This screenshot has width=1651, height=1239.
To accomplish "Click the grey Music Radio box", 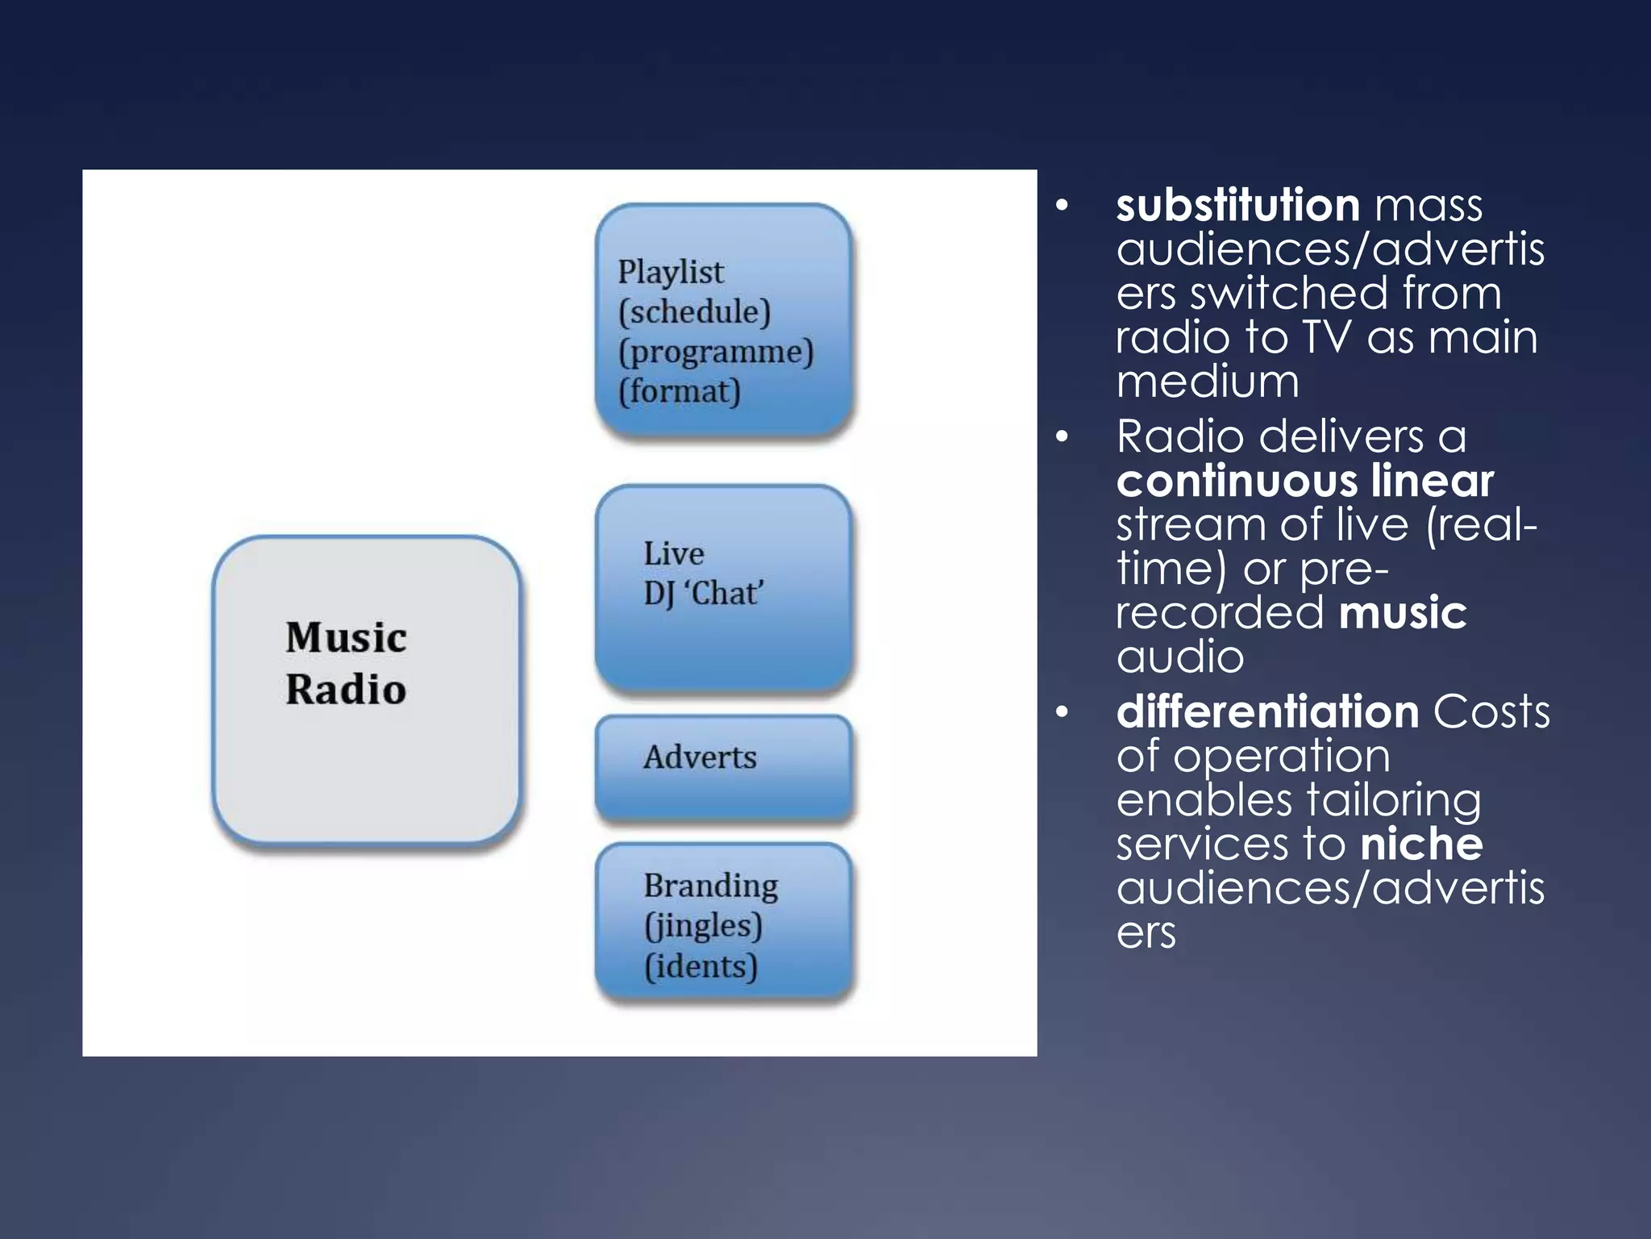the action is coord(367,690).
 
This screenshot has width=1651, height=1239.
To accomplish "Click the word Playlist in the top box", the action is coord(671,273).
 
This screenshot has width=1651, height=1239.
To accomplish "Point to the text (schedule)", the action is coord(694,312).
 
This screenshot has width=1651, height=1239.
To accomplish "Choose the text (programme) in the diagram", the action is coord(716,352).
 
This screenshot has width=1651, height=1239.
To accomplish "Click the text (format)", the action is coord(680,391).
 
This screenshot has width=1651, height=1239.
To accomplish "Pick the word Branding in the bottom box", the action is coord(710,885).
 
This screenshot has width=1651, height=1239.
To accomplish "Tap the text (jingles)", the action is coord(703,925).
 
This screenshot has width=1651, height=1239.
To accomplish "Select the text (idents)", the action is coord(701,966).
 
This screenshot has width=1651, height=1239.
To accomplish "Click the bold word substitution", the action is coord(1238,205).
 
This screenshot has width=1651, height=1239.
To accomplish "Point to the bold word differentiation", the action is coord(1267,711).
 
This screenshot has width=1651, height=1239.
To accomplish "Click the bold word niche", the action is coord(1421,844).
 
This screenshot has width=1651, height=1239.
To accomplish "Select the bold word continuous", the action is coord(1225,481).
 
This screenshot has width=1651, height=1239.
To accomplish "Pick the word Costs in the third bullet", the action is coord(1491,711).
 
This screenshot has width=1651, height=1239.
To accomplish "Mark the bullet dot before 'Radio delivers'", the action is coord(1063,437).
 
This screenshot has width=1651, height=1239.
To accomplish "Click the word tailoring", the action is coord(1393,799).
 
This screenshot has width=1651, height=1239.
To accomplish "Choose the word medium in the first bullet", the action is coord(1208,381).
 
